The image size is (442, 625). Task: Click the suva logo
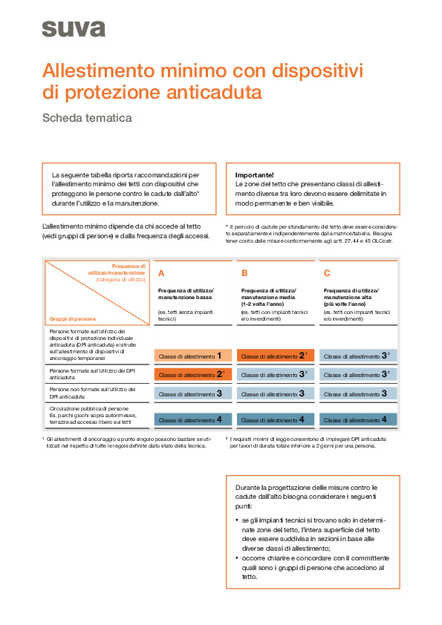point(73,29)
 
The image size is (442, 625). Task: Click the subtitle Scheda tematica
point(87,117)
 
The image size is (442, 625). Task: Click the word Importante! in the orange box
point(254,174)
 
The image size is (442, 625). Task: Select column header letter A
point(161,272)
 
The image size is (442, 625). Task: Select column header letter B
point(244,272)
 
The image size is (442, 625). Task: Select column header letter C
point(327,272)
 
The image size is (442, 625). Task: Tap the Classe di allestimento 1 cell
point(193,356)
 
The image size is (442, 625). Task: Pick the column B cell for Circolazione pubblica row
point(276,419)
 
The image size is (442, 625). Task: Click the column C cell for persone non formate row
point(359,393)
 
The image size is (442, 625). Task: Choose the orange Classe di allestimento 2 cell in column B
point(276,356)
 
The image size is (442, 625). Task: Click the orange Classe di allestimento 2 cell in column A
point(193,375)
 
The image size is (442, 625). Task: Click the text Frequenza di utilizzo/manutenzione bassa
point(186,292)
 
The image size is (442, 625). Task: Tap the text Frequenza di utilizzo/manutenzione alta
point(351,292)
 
